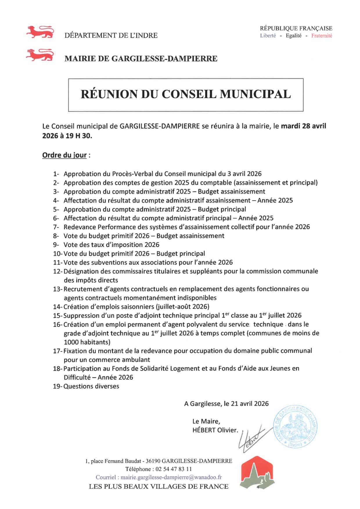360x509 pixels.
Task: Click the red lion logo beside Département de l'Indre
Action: (x=40, y=32)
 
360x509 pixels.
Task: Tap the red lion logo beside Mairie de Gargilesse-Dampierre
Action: (x=40, y=55)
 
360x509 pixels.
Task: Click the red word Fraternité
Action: (x=321, y=36)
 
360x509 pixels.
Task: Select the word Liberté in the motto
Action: (x=268, y=36)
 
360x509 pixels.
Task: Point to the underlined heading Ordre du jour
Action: (x=64, y=155)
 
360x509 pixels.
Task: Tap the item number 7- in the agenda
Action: (x=56, y=227)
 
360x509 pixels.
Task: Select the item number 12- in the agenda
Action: (x=57, y=271)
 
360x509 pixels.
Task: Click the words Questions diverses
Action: (x=91, y=386)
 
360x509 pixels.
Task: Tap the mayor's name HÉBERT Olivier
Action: (x=215, y=430)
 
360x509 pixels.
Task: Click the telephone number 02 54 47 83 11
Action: (x=174, y=469)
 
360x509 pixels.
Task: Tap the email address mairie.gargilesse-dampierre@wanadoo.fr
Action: (x=171, y=477)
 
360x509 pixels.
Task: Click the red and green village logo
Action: (x=257, y=472)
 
